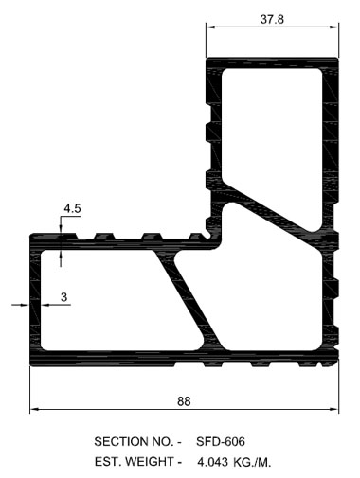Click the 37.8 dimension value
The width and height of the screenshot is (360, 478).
pyautogui.click(x=272, y=19)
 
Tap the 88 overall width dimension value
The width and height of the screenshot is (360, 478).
pyautogui.click(x=184, y=401)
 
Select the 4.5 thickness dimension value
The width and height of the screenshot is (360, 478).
pyautogui.click(x=72, y=208)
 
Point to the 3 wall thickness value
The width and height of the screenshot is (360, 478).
pyautogui.click(x=64, y=297)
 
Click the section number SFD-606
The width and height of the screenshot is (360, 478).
pyautogui.click(x=221, y=441)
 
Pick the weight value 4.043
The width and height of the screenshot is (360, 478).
pyautogui.click(x=212, y=462)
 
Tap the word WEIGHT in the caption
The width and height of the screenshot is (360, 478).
pyautogui.click(x=150, y=462)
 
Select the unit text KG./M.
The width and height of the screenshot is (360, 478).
pyautogui.click(x=252, y=462)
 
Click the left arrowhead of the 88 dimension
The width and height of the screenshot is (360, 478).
pyautogui.click(x=34, y=409)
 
